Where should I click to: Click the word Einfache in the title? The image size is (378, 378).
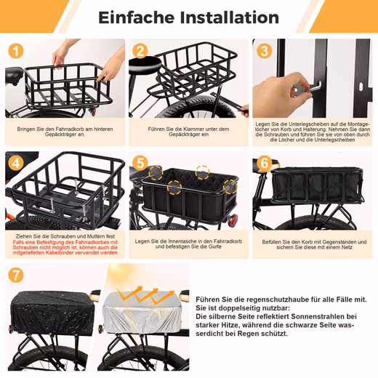(137, 17)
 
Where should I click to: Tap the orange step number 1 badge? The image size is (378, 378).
(16, 51)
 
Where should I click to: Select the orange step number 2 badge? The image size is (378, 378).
(140, 51)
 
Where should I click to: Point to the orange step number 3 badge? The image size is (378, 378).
(264, 51)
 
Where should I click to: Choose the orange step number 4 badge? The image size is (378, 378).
(16, 163)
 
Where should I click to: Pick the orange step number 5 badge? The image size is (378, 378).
(140, 163)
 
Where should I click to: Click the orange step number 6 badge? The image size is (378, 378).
(264, 163)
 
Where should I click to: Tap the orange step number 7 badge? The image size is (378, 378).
(16, 275)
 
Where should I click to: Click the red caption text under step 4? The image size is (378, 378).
(65, 247)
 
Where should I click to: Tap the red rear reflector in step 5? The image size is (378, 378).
(233, 220)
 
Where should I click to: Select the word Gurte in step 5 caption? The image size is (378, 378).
(214, 246)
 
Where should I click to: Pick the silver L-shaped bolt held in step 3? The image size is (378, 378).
(313, 87)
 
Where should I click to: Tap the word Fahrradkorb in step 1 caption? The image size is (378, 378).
(70, 129)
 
